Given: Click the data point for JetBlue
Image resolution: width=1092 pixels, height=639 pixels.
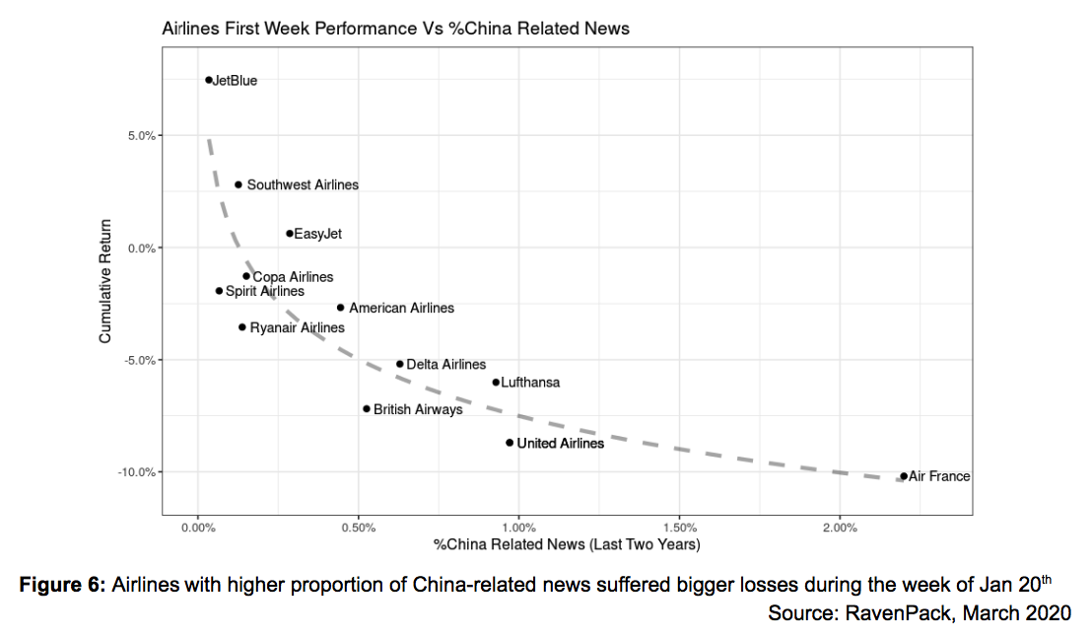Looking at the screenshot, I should [x=209, y=80].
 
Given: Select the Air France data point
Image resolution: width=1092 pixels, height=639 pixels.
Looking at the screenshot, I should [x=904, y=476].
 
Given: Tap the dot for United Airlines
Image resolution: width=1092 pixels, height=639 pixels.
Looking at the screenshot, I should [x=510, y=443].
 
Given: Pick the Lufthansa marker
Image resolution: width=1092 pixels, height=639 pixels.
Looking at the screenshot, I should [x=496, y=383].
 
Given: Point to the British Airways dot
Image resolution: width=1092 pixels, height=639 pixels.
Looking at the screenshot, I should [x=367, y=408].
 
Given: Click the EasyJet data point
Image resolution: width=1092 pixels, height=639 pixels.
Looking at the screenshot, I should [x=290, y=234].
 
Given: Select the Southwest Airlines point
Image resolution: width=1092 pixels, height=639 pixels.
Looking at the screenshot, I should [x=239, y=184].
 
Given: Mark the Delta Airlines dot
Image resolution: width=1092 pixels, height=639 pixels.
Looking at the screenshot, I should [x=400, y=364].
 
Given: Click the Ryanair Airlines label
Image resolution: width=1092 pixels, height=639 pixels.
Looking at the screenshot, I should [x=297, y=327].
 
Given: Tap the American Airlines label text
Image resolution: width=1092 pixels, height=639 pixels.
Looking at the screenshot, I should [x=401, y=308].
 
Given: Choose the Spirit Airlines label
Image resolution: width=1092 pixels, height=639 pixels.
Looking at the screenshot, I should [x=264, y=291].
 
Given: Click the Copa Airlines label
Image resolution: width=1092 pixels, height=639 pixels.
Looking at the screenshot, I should [x=293, y=277].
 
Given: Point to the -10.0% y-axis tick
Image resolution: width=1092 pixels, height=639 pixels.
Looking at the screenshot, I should [x=136, y=471].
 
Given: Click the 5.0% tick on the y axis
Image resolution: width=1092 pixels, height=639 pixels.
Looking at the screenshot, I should [x=140, y=135].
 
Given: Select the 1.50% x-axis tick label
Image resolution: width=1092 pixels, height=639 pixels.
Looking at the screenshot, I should [x=680, y=529].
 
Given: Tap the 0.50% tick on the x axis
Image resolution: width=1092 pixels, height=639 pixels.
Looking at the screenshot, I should [x=359, y=529].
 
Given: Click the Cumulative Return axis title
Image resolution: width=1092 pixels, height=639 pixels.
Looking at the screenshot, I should [x=105, y=281].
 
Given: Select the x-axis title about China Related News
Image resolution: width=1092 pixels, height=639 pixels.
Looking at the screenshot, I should [x=567, y=544].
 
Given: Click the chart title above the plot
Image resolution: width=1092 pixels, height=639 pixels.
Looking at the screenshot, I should [x=395, y=29].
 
